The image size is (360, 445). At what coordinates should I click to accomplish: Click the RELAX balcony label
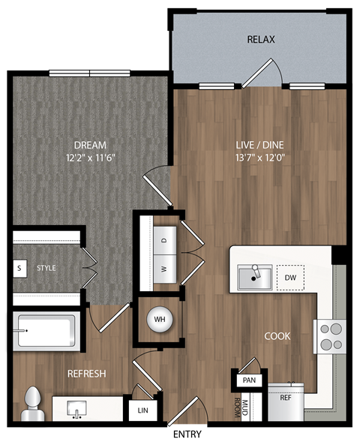coord(262,39)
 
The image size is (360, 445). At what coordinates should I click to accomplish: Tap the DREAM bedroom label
coord(89,144)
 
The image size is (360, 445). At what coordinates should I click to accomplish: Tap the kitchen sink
coord(255,277)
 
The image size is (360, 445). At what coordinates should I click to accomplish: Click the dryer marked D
coord(163,240)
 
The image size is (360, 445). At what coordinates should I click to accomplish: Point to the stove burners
coord(329,335)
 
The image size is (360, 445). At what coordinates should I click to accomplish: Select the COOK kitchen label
coord(277,336)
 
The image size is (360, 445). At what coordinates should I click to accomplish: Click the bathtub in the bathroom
coord(46,330)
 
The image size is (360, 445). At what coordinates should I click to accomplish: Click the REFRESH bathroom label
coord(87,374)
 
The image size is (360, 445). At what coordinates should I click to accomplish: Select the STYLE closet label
coord(47,268)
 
